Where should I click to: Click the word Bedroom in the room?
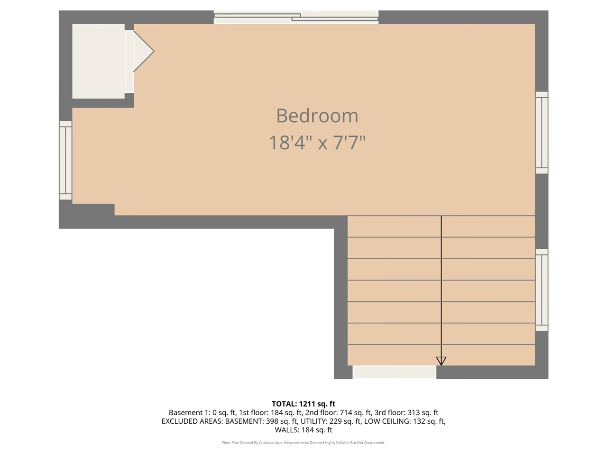click(317, 116)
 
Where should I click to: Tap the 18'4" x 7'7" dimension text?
click(317, 143)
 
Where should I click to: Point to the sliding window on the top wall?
click(296, 18)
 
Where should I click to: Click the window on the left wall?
click(65, 160)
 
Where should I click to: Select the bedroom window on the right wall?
click(542, 133)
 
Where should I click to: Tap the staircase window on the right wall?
click(542, 290)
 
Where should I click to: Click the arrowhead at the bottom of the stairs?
click(441, 361)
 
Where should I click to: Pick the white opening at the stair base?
click(394, 372)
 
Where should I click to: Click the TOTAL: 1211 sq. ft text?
click(303, 404)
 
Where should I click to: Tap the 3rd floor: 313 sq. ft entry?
click(406, 412)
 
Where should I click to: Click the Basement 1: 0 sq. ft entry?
click(202, 412)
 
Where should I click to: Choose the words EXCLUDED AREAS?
click(192, 421)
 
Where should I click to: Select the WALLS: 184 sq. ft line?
click(303, 430)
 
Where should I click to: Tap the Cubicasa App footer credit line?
click(303, 443)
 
